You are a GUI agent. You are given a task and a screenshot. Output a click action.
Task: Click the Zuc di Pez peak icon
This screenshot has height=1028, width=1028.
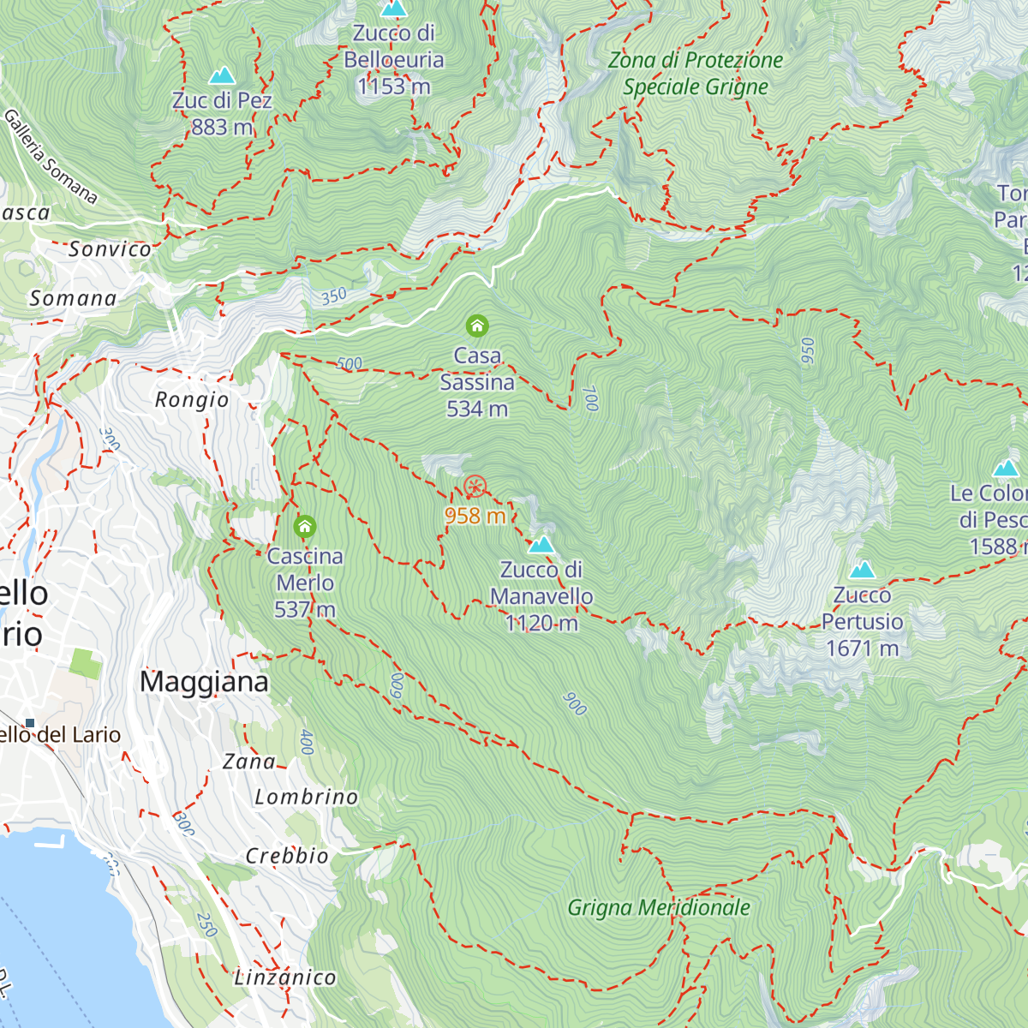[222, 75]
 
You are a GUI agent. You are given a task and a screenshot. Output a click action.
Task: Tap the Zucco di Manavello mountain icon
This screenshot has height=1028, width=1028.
[541, 545]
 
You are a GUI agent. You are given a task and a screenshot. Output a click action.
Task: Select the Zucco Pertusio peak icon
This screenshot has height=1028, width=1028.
[862, 570]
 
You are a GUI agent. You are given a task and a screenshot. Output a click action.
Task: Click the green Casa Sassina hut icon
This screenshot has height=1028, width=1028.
[477, 326]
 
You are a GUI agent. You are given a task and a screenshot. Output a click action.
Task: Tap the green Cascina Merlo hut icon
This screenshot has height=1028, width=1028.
[305, 526]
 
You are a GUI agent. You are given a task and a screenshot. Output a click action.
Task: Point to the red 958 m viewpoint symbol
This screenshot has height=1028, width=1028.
[475, 487]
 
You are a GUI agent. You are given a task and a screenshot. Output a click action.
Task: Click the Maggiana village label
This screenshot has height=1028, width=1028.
[204, 682]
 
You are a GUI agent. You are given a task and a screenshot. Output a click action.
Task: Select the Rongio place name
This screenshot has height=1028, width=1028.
[192, 400]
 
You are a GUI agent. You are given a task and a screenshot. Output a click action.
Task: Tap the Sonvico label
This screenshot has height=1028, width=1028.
[110, 249]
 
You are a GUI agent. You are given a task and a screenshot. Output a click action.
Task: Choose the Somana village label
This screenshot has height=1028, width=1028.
[73, 299]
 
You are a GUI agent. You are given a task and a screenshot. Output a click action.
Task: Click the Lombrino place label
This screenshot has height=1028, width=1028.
[306, 798]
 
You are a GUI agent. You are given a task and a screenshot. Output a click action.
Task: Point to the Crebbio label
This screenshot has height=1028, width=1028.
[287, 856]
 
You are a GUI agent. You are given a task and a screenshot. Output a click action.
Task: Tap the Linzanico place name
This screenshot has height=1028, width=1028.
[285, 977]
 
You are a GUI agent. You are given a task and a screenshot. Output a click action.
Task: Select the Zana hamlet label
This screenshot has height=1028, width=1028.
[248, 762]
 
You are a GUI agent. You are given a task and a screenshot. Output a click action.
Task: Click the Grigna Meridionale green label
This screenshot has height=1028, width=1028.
[659, 908]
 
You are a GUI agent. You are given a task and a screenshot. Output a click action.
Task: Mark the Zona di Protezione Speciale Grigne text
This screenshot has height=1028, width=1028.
[696, 74]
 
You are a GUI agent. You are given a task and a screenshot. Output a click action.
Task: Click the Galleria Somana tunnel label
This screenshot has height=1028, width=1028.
[51, 156]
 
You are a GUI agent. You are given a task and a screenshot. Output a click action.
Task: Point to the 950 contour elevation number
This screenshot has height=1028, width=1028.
[807, 351]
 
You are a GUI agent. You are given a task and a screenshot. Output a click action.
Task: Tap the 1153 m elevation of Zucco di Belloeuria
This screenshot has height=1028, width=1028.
[394, 87]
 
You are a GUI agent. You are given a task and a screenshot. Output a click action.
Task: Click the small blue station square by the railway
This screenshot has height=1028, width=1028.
[30, 723]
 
